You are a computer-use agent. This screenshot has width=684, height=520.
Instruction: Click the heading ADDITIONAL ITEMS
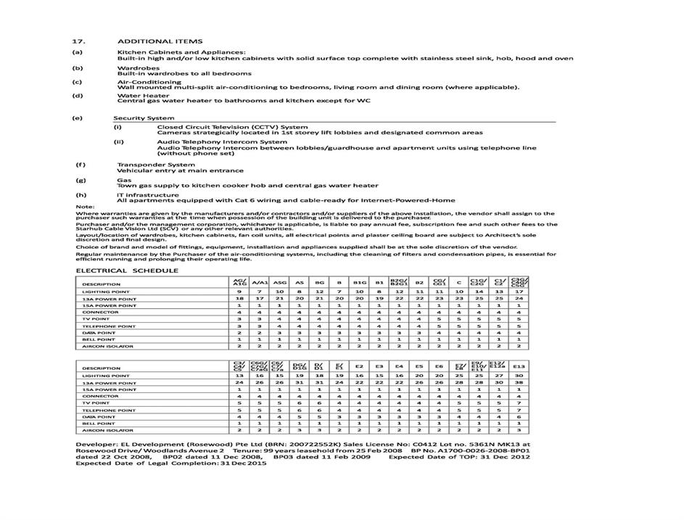click(160, 41)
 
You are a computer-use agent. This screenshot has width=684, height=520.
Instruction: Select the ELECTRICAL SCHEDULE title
click(127, 271)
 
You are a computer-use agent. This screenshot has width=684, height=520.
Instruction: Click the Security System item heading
click(144, 117)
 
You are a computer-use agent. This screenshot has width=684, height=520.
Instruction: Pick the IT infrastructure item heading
click(147, 194)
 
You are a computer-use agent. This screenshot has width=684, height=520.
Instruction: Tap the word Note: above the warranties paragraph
click(85, 207)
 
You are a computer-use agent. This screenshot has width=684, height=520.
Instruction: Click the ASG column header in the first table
click(279, 283)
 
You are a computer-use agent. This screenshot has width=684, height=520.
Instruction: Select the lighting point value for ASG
click(279, 291)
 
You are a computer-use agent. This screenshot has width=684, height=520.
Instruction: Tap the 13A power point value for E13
click(519, 382)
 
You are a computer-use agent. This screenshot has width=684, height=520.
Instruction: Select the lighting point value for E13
click(519, 375)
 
